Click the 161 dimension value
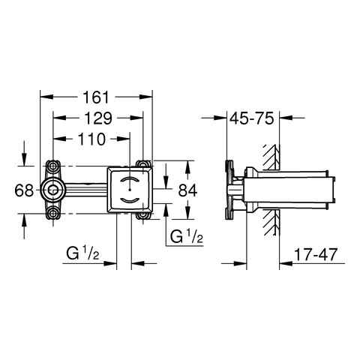(x=97, y=97)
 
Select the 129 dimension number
(x=98, y=118)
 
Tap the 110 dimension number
(x=92, y=139)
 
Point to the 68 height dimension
(x=24, y=190)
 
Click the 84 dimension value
(x=187, y=190)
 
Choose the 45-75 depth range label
(x=252, y=118)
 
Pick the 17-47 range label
(x=316, y=254)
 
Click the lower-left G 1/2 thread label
(x=82, y=253)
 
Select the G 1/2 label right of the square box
(x=187, y=236)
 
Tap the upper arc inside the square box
(x=129, y=179)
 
